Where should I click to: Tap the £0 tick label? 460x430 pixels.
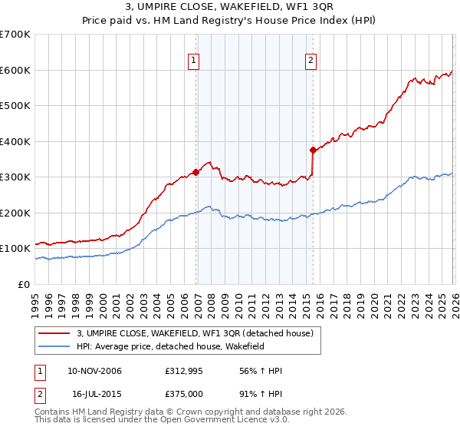(x=25, y=284)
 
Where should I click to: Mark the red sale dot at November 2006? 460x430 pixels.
(x=196, y=172)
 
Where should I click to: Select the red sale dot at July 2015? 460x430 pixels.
(x=313, y=150)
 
